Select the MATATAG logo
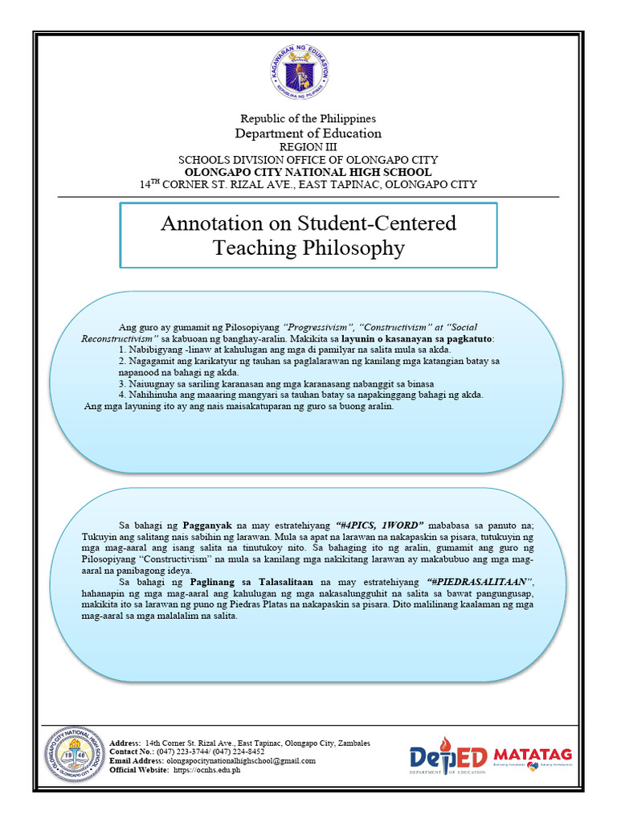click(x=533, y=755)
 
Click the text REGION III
click(x=308, y=148)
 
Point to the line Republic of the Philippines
click(x=308, y=119)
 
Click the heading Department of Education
click(x=308, y=133)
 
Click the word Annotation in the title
click(x=206, y=223)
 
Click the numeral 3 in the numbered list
click(x=121, y=383)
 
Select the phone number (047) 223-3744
click(x=184, y=751)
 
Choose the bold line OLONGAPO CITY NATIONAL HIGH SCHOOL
click(x=308, y=172)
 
